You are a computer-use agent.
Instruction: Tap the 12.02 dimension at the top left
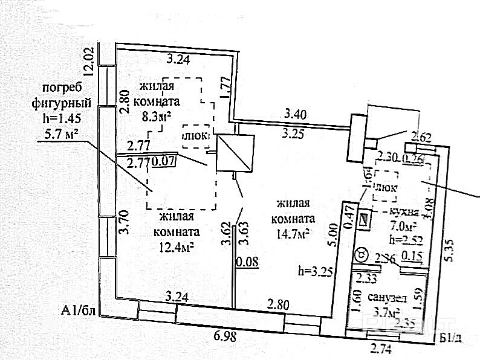pyautogui.click(x=88, y=60)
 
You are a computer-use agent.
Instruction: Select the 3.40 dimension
pyautogui.click(x=296, y=113)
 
